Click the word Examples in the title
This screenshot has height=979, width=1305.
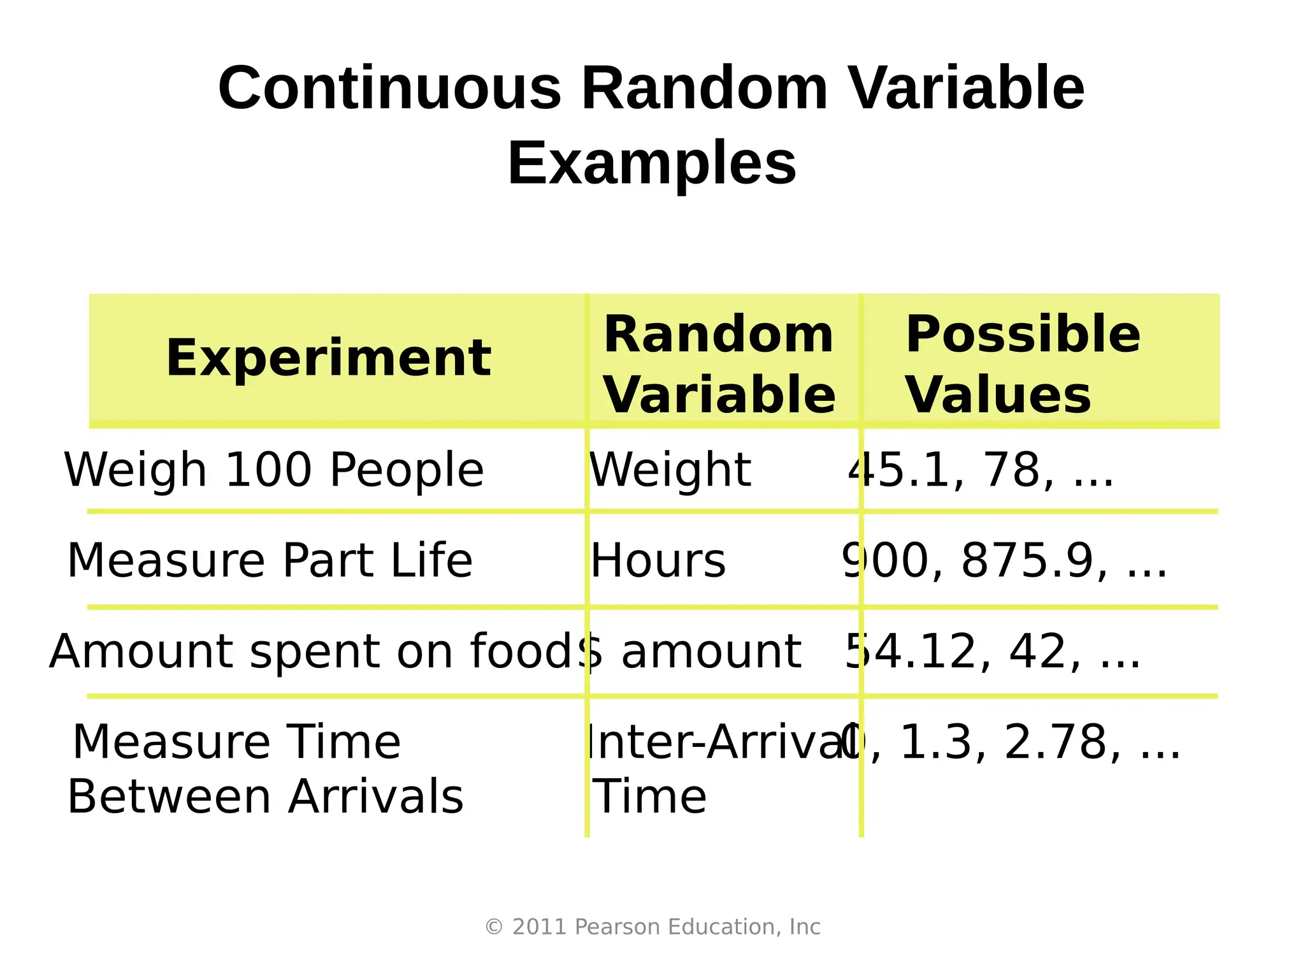point(652,163)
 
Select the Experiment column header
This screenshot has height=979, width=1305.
point(328,358)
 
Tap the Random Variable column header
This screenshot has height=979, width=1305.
point(719,365)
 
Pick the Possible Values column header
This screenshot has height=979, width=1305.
point(1023,365)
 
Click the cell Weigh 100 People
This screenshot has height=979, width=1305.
point(274,470)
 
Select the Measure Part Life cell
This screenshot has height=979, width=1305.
point(270,560)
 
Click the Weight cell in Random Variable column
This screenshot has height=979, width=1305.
point(670,470)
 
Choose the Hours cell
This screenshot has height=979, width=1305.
point(658,561)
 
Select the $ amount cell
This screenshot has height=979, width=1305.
point(691,651)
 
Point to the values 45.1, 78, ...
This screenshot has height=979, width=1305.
point(981,470)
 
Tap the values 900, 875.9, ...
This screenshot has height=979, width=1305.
point(1005,561)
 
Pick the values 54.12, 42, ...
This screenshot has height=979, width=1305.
point(993,651)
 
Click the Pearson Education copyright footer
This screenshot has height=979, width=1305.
point(652,927)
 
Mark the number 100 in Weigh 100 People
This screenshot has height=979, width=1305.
point(268,470)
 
